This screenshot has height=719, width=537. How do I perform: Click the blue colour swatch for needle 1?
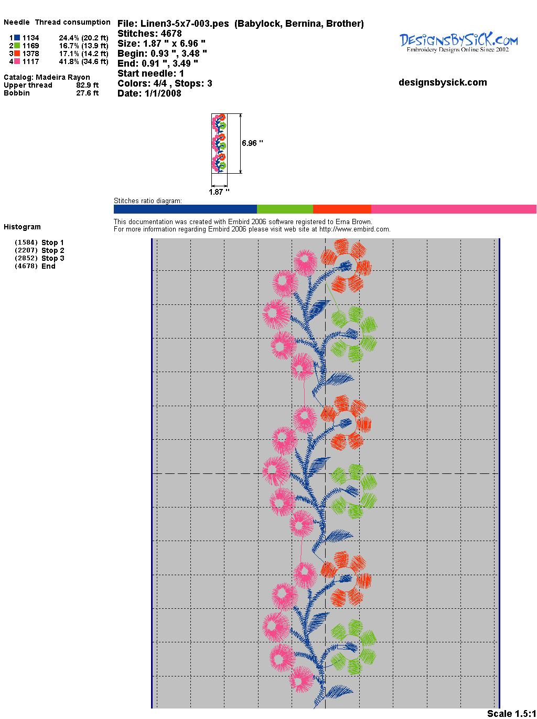click(17, 38)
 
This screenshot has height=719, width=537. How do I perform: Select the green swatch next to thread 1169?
click(17, 46)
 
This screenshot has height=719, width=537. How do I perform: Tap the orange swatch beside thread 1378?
click(17, 54)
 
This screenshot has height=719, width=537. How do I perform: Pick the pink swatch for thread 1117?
click(17, 61)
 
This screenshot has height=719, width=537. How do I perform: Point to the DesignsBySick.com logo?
click(458, 42)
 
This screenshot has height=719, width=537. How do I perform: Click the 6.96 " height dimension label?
click(252, 143)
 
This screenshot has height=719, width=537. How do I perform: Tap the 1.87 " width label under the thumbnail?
click(219, 192)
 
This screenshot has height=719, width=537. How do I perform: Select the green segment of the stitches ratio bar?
click(285, 209)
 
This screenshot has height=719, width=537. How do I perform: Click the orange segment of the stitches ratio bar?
click(342, 209)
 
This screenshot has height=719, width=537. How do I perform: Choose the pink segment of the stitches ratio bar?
click(454, 209)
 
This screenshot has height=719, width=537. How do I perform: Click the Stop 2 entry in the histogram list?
click(52, 250)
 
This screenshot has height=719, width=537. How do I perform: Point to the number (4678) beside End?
click(26, 266)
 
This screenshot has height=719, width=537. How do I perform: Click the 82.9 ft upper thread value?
click(87, 85)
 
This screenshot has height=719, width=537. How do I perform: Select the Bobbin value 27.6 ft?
click(87, 93)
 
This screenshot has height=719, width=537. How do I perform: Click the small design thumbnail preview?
click(219, 143)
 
